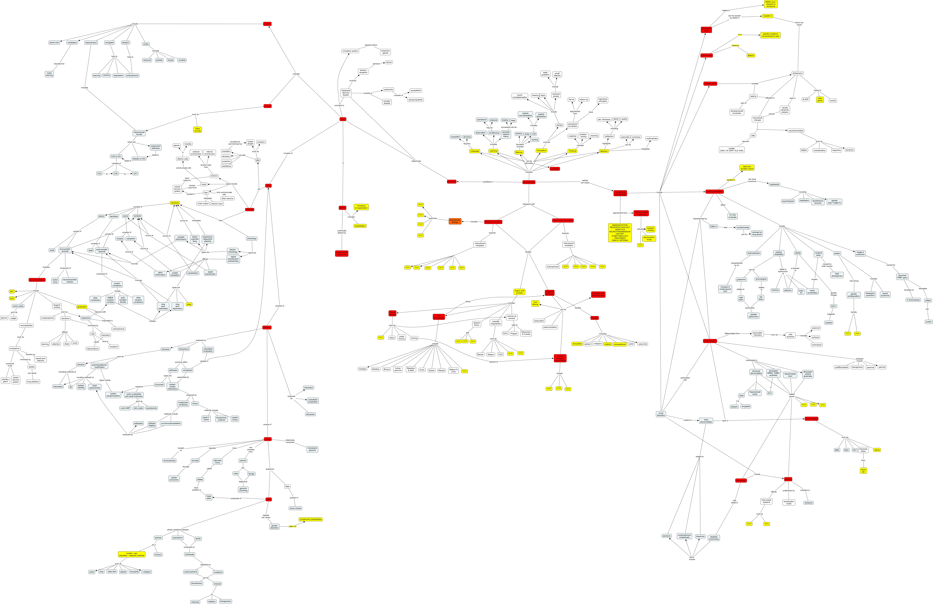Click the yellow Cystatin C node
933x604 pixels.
pyautogui.click(x=768, y=16)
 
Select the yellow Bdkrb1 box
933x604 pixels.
pyautogui.click(x=751, y=55)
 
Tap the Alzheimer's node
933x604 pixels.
pyautogui.click(x=797, y=73)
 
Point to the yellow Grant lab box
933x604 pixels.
pyautogui.click(x=863, y=470)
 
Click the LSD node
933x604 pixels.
pyautogui.click(x=92, y=334)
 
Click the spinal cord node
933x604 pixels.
pyautogui.click(x=54, y=43)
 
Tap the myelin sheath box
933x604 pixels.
pyautogui.click(x=250, y=143)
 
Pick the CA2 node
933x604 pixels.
pyautogui.click(x=116, y=173)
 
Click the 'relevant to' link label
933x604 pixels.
pyautogui.click(x=494, y=362)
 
